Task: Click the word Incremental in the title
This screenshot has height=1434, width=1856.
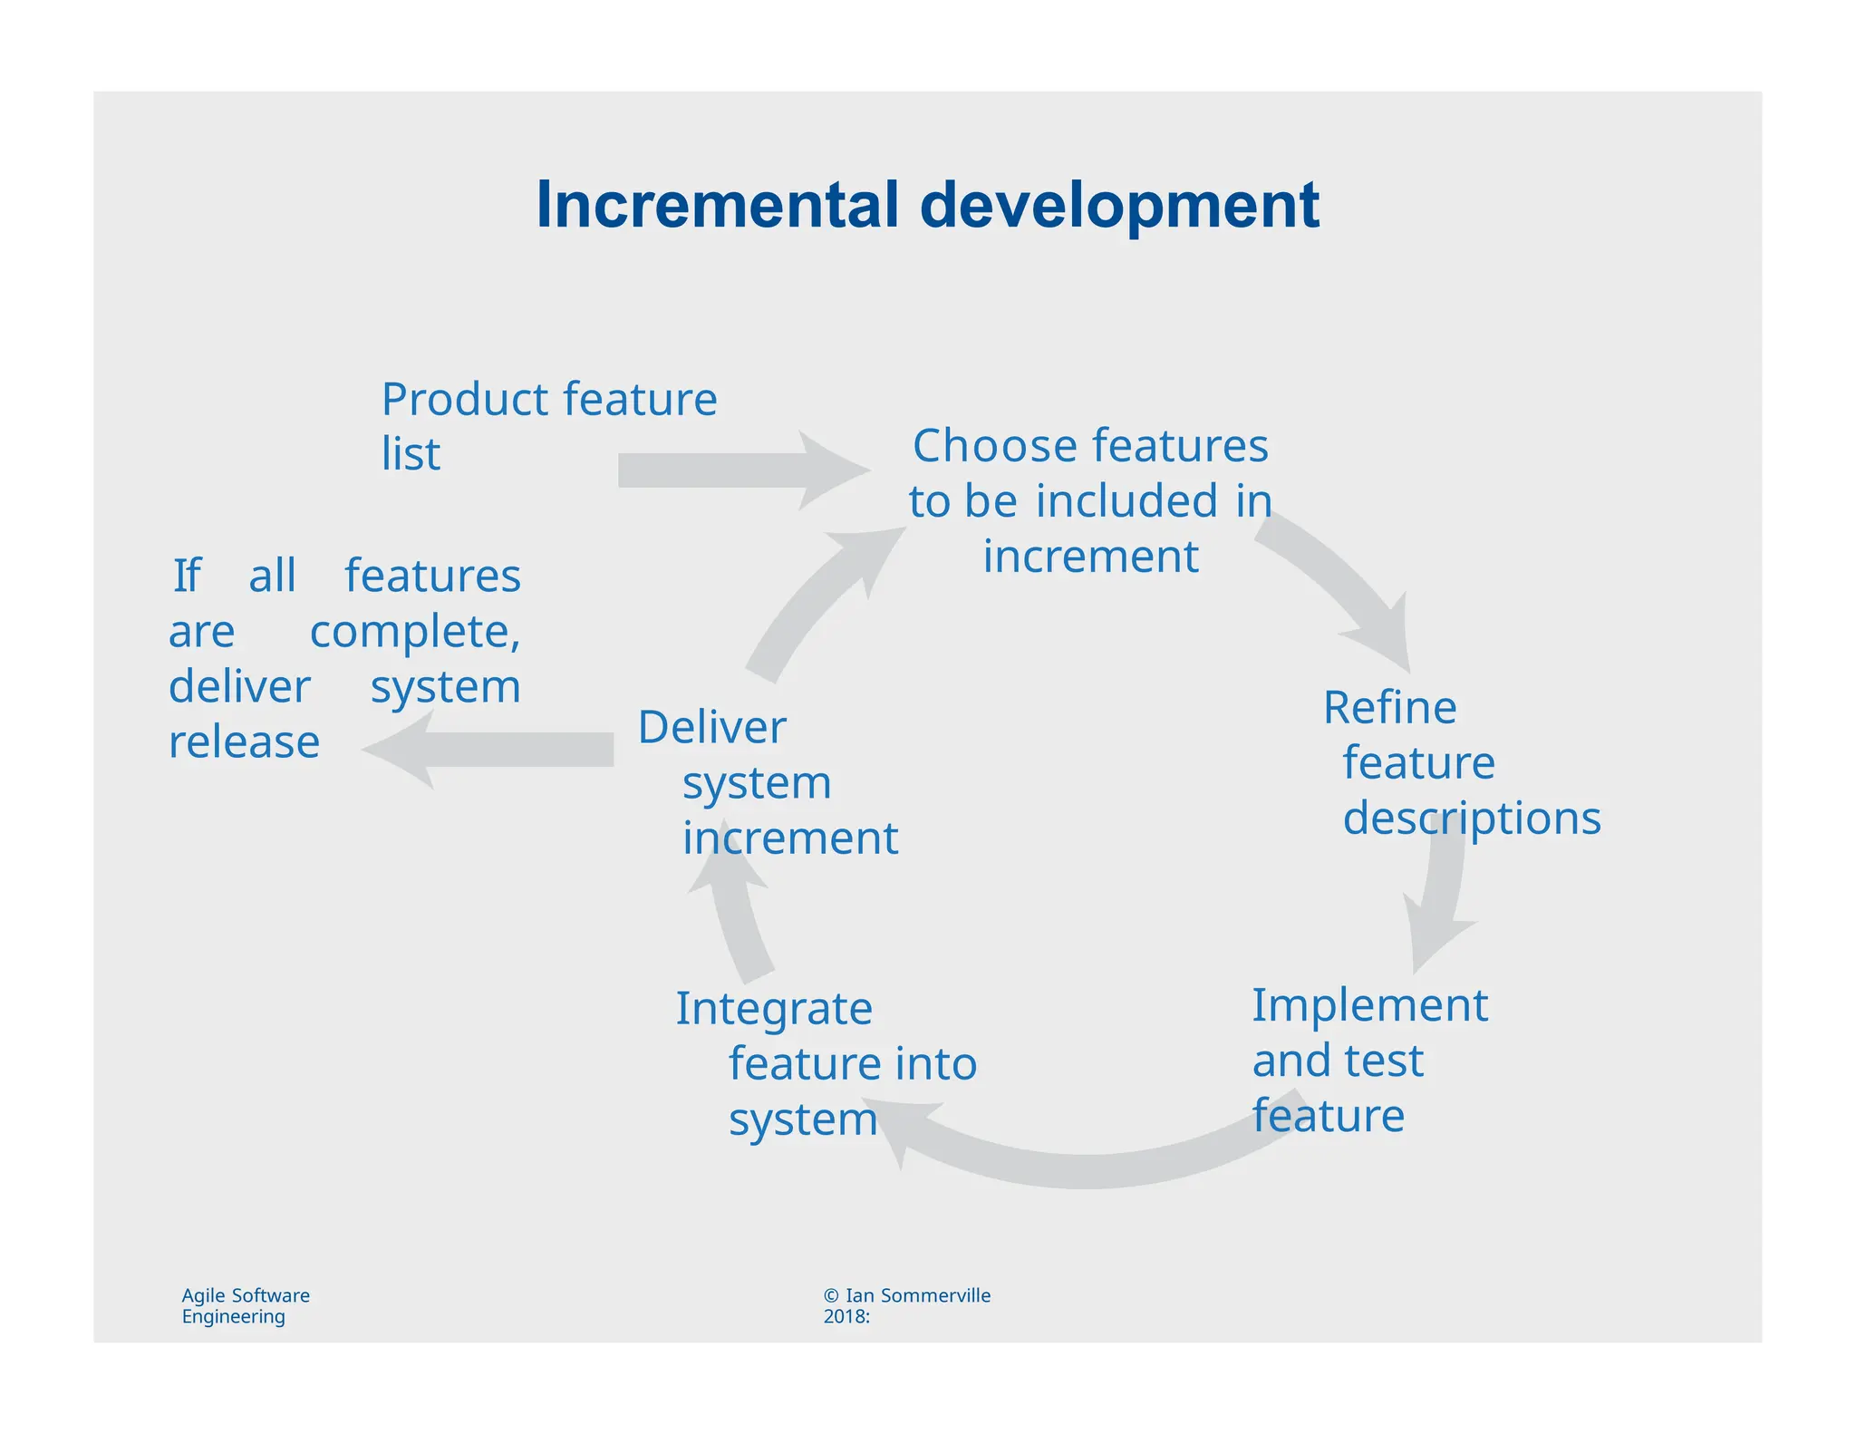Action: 717,205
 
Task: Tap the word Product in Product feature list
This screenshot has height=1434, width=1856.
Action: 465,400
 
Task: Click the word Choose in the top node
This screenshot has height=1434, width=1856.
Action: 995,446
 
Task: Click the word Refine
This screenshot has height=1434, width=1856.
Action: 1389,707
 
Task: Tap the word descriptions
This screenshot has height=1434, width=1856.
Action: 1471,819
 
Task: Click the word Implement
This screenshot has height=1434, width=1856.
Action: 1369,1005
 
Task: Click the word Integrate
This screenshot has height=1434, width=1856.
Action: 774,1009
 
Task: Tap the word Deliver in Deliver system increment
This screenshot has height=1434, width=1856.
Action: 711,727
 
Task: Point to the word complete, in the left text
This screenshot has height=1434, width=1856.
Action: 415,632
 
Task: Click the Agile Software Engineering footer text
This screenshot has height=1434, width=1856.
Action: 245,1305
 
